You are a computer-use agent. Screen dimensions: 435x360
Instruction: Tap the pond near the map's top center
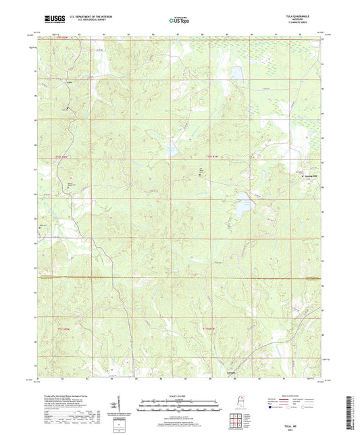coord(236,72)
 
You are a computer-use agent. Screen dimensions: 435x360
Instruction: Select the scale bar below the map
coord(180,407)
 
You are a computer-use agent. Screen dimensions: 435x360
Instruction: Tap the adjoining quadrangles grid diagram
coord(237,422)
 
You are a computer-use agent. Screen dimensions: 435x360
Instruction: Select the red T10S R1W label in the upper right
coord(212,157)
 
